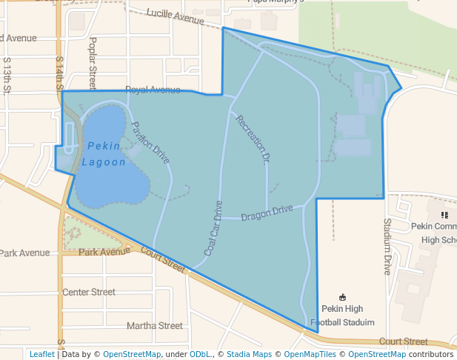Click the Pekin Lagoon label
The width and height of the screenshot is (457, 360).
point(104,154)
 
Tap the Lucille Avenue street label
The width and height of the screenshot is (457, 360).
point(175,17)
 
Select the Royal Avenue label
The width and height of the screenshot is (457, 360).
point(153,90)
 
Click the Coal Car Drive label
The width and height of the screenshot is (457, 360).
point(213,229)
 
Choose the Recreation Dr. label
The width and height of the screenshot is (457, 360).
point(253,138)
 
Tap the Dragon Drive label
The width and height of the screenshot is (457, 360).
point(267,213)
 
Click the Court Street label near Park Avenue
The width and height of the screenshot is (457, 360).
point(161,259)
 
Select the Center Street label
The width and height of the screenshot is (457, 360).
point(89,292)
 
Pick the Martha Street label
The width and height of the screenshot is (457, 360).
point(154,325)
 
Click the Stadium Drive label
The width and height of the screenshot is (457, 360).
point(387,247)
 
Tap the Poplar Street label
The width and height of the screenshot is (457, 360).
point(93,63)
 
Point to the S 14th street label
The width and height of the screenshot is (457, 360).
point(59,72)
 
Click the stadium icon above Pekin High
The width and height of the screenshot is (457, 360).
point(342,297)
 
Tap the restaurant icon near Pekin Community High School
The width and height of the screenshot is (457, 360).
point(444,215)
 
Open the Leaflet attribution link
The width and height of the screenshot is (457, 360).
point(41,354)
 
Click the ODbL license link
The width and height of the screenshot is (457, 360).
point(200,354)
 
